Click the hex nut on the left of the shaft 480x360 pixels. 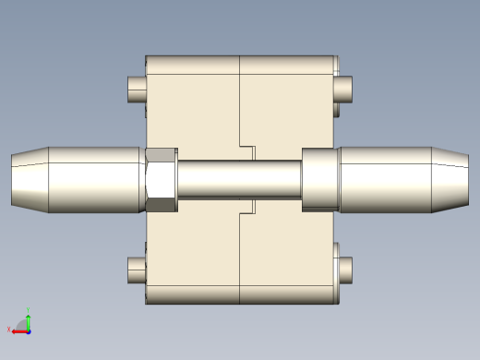tap(161, 179)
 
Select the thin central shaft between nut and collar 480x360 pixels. tap(238, 179)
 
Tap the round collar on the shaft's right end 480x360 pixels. tap(319, 179)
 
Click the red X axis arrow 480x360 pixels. tap(18, 331)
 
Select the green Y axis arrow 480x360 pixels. tap(29, 321)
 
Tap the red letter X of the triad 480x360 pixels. tap(9, 329)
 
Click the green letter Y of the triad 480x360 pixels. tap(29, 310)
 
